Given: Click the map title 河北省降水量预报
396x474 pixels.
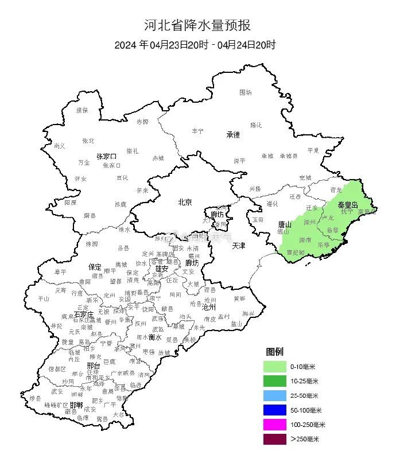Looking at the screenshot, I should pyautogui.click(x=197, y=25).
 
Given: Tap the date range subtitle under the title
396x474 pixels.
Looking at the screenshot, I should pyautogui.click(x=195, y=45).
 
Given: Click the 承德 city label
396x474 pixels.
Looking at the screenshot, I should pyautogui.click(x=232, y=135).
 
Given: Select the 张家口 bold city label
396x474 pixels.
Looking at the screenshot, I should pyautogui.click(x=106, y=156).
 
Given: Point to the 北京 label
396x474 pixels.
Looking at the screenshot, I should pyautogui.click(x=185, y=201).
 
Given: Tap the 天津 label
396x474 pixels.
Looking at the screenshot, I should pyautogui.click(x=239, y=245).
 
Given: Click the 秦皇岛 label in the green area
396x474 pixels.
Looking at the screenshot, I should pyautogui.click(x=347, y=204).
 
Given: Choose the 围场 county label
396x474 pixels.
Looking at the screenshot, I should pyautogui.click(x=246, y=92).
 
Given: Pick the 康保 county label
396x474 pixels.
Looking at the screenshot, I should pyautogui.click(x=82, y=110).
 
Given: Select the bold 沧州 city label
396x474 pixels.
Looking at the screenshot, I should pyautogui.click(x=209, y=308).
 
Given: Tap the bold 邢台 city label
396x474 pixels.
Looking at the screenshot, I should pyautogui.click(x=93, y=366).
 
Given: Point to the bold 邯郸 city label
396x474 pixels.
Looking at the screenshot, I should pyautogui.click(x=76, y=405).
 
